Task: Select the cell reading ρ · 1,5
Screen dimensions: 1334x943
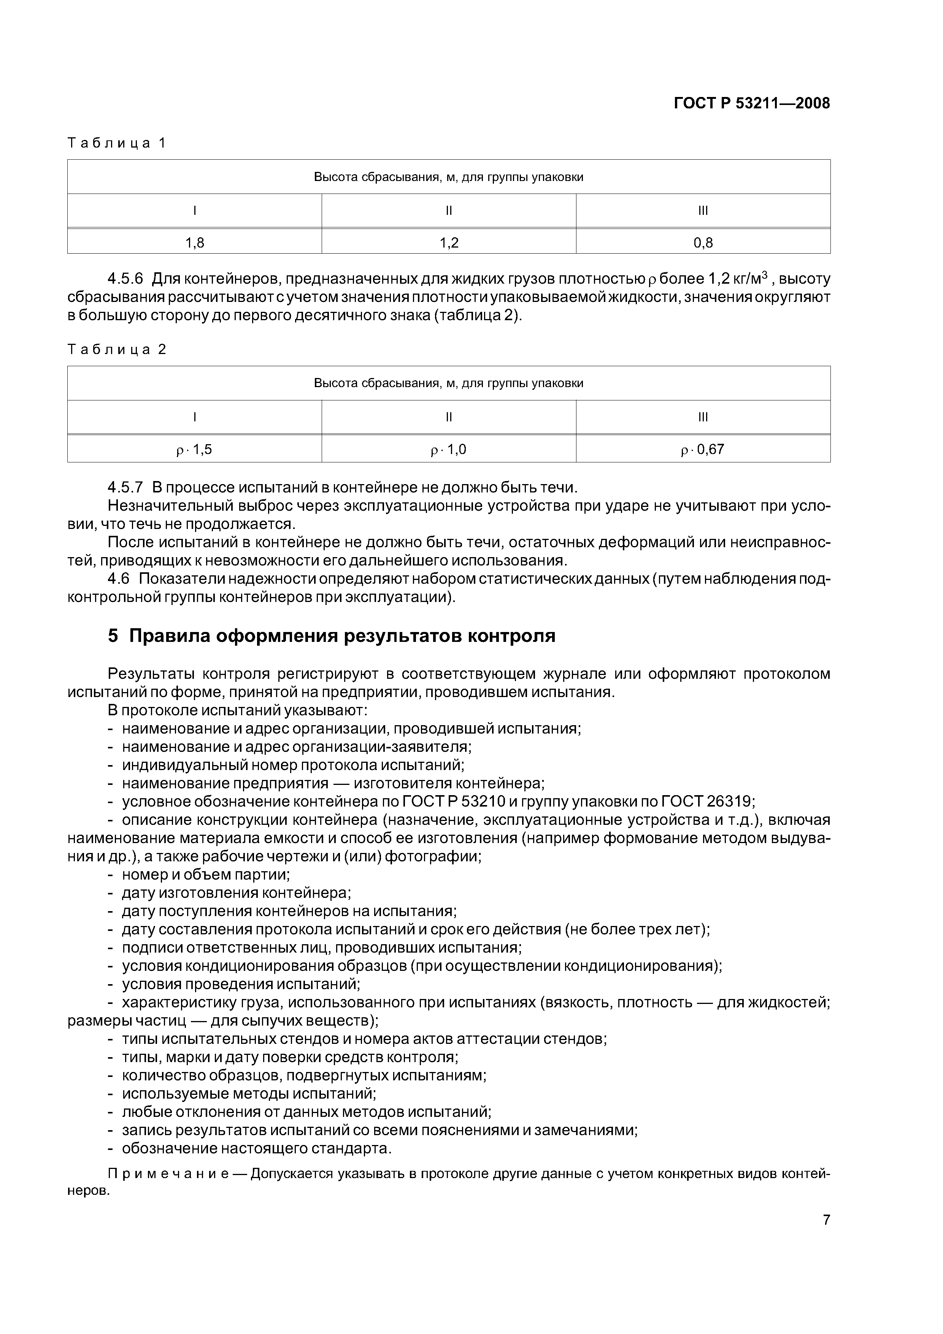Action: [195, 449]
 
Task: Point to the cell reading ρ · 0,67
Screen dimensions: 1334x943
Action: [703, 449]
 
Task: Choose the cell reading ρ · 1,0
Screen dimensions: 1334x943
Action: [449, 449]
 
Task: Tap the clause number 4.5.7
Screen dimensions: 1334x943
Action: [125, 487]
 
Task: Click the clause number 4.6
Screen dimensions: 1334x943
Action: [120, 579]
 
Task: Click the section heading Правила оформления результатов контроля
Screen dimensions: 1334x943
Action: [341, 636]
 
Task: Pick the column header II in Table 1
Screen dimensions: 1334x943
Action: [449, 210]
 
